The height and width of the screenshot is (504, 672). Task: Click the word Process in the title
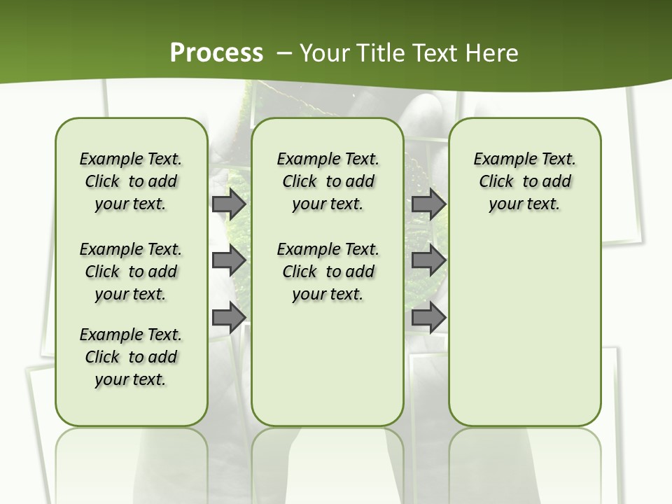216,53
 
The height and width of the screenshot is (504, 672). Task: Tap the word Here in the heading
491,53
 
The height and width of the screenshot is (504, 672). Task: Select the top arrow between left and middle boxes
228,204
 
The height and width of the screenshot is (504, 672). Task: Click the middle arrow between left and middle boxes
228,261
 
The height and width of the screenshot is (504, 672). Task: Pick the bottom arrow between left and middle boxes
228,318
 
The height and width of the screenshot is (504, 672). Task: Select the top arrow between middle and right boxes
428,204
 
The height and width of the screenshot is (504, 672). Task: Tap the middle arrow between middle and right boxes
428,261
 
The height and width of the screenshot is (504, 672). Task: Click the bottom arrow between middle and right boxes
428,318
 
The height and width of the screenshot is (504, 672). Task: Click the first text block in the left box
131,181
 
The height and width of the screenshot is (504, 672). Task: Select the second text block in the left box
131,272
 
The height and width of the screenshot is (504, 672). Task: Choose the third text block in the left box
131,357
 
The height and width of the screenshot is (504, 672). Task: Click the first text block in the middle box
328,181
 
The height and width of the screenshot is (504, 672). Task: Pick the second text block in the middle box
328,272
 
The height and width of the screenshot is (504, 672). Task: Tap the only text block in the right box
524,181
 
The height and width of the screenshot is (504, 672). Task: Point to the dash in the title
284,53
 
